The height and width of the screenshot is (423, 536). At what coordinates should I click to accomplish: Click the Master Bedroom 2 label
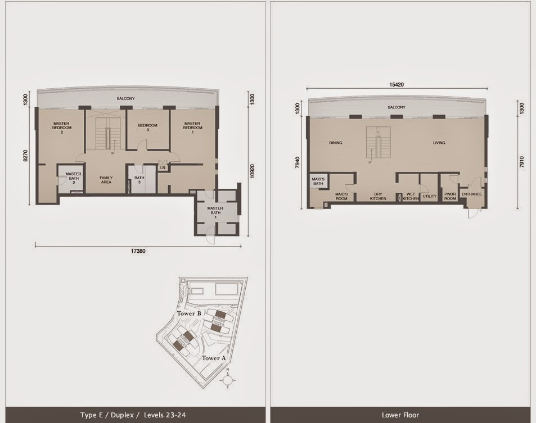[x=62, y=128]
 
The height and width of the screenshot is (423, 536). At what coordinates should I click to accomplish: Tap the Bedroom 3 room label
[x=148, y=128]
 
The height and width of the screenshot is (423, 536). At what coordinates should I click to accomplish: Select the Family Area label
[x=106, y=180]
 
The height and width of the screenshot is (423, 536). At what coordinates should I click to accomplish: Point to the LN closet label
[x=163, y=167]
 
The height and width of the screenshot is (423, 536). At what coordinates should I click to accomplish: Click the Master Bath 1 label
[x=215, y=213]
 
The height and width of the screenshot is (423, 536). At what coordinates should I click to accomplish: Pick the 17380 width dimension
[x=138, y=251]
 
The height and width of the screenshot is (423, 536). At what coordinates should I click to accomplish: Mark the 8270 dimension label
[x=25, y=156]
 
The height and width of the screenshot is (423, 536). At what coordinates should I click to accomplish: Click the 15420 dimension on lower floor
[x=397, y=84]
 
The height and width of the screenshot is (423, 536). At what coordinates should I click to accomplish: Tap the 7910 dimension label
[x=521, y=162]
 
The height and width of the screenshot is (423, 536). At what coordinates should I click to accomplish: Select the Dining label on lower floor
[x=336, y=143]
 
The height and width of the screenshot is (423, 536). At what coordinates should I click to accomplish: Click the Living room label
[x=439, y=143]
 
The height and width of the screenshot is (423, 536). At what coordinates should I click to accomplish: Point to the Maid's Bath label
[x=318, y=181]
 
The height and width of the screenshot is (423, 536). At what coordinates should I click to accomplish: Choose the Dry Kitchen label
[x=378, y=196]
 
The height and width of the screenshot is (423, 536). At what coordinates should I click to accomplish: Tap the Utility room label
[x=429, y=196]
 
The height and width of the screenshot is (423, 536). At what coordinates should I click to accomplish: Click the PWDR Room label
[x=450, y=196]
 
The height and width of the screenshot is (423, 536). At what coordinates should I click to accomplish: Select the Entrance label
[x=472, y=194]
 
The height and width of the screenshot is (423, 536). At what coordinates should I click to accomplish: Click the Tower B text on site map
[x=189, y=313]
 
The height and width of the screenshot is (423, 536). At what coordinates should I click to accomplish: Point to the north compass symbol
[x=228, y=379]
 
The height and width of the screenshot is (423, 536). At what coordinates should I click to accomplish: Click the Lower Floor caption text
[x=400, y=415]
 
